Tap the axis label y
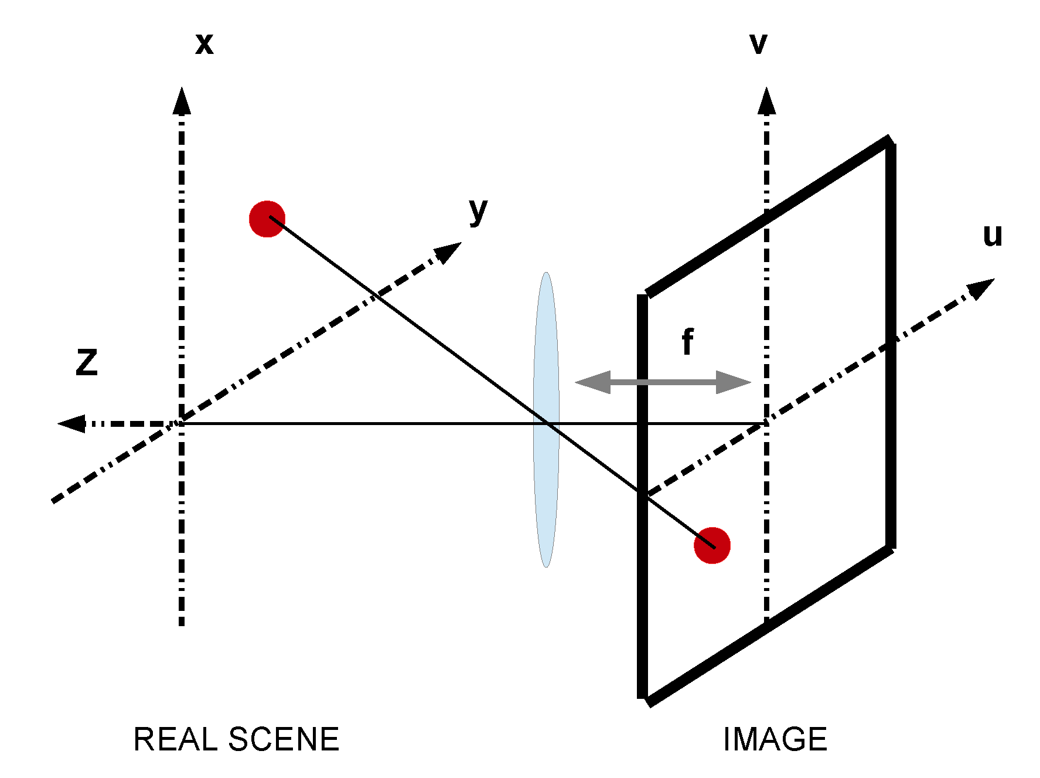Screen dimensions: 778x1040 click(478, 210)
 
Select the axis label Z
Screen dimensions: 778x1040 click(87, 362)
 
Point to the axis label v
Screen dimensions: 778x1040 click(758, 44)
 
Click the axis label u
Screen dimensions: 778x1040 click(993, 236)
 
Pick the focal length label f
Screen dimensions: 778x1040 click(688, 342)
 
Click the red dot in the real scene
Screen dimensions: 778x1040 click(267, 219)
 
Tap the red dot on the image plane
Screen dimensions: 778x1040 click(712, 545)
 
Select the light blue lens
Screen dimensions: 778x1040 click(546, 352)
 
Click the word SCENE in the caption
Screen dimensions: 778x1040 click(284, 739)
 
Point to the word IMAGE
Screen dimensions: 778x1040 click(775, 739)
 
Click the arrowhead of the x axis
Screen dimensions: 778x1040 click(182, 101)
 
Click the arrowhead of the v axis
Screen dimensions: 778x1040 click(766, 101)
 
